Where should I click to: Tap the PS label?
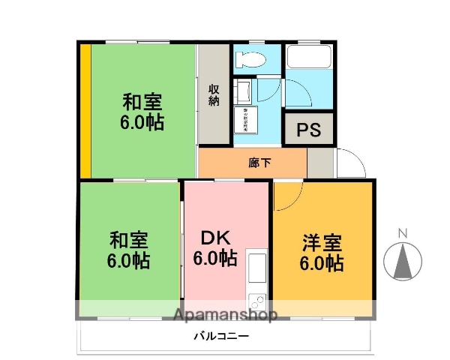pos(308,130)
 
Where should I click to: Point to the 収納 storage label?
pos(214,93)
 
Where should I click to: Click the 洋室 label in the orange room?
pos(322,244)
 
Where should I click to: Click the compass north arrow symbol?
pos(402,261)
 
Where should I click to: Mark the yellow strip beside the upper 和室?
pos(85,110)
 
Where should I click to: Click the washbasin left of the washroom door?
pos(242,93)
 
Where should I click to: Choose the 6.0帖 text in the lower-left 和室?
pos(128,261)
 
